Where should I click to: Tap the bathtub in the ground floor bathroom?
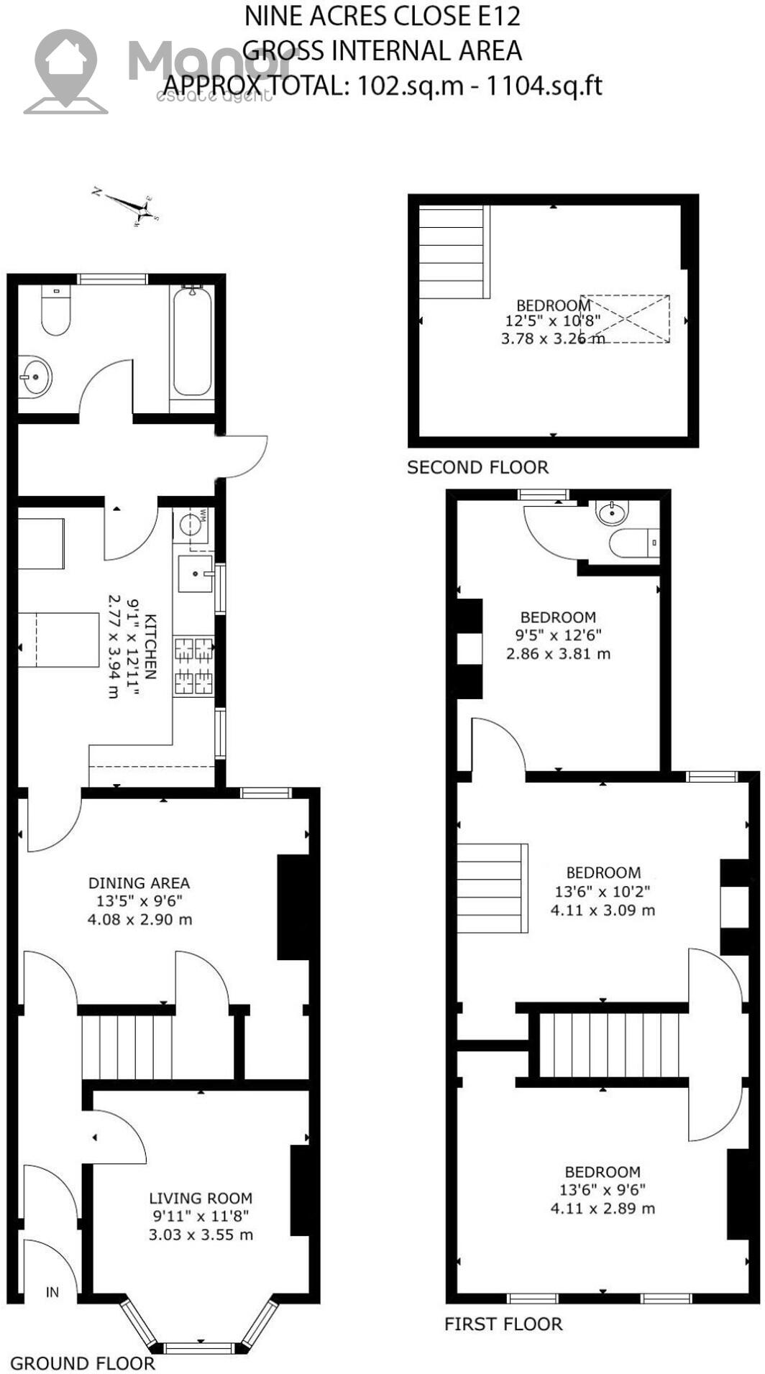pyautogui.click(x=192, y=341)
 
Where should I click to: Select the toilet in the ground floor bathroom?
pyautogui.click(x=55, y=312)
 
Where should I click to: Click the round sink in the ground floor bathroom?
pyautogui.click(x=34, y=376)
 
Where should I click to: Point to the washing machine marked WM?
pyautogui.click(x=191, y=524)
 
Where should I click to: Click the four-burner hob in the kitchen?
pyautogui.click(x=194, y=666)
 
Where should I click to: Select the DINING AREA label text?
pyautogui.click(x=139, y=883)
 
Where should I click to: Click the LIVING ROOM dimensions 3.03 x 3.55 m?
pyautogui.click(x=201, y=1235)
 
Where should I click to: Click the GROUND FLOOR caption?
pyautogui.click(x=83, y=1363)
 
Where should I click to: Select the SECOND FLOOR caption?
pyautogui.click(x=477, y=468)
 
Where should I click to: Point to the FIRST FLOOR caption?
pyautogui.click(x=503, y=1324)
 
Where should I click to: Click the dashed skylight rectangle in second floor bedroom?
pyautogui.click(x=625, y=318)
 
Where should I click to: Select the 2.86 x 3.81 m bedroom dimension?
pyautogui.click(x=558, y=654)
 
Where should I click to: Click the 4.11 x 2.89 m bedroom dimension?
pyautogui.click(x=603, y=1209)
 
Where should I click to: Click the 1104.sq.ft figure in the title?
pyautogui.click(x=544, y=86)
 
